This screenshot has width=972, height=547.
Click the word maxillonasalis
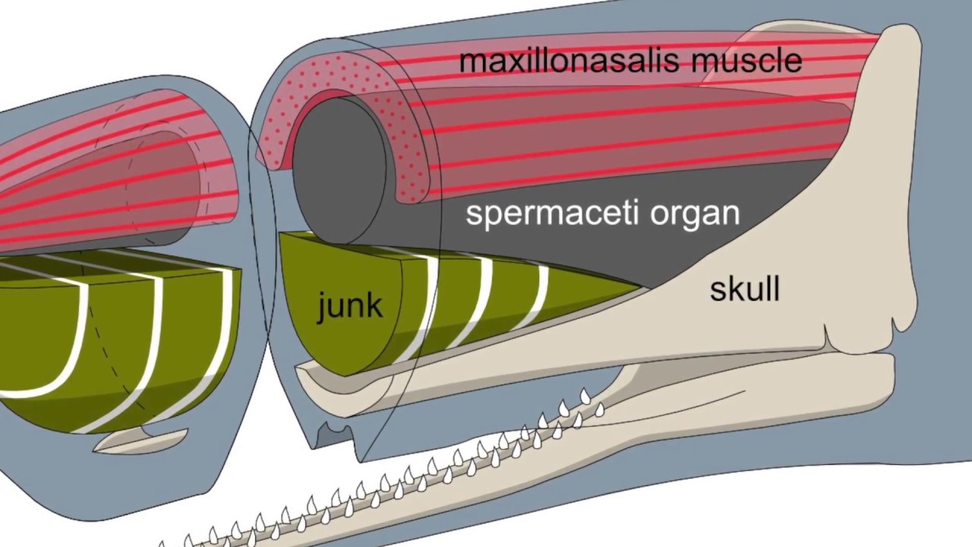[563, 61]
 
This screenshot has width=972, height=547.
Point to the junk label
[349, 305]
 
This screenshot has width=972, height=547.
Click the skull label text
[744, 289]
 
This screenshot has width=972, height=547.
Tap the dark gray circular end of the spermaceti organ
[338, 170]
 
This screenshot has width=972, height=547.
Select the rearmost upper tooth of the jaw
[585, 396]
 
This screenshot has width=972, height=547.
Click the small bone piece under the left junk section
[140, 440]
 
